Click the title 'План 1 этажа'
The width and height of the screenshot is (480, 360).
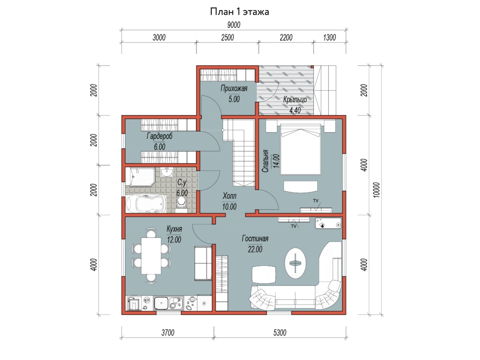[x=240, y=12]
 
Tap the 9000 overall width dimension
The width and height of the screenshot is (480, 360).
[x=234, y=25]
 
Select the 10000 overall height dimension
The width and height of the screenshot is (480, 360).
[x=376, y=190]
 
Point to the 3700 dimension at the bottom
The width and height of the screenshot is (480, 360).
[x=168, y=332]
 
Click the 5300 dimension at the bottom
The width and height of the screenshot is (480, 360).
[x=280, y=332]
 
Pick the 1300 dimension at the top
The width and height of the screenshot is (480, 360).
[x=330, y=38]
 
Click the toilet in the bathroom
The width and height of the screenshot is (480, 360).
[x=181, y=204]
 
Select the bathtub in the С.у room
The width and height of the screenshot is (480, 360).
[x=146, y=204]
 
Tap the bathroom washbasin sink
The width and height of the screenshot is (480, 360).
[x=167, y=172]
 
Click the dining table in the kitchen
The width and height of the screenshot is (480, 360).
[x=151, y=256]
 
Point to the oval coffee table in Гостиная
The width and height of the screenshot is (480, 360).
[x=295, y=263]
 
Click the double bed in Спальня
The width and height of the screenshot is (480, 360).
[x=300, y=150]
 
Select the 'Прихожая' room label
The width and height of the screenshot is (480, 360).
[x=234, y=88]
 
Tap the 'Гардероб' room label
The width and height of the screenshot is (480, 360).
[x=160, y=136]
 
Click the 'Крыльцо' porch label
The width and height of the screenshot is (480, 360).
[x=295, y=100]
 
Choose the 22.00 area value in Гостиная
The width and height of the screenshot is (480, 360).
[x=255, y=249]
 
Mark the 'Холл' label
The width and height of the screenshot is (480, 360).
[x=229, y=196]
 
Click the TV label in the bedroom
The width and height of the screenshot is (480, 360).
[x=316, y=201]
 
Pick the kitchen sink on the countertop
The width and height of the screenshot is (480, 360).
[x=161, y=303]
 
